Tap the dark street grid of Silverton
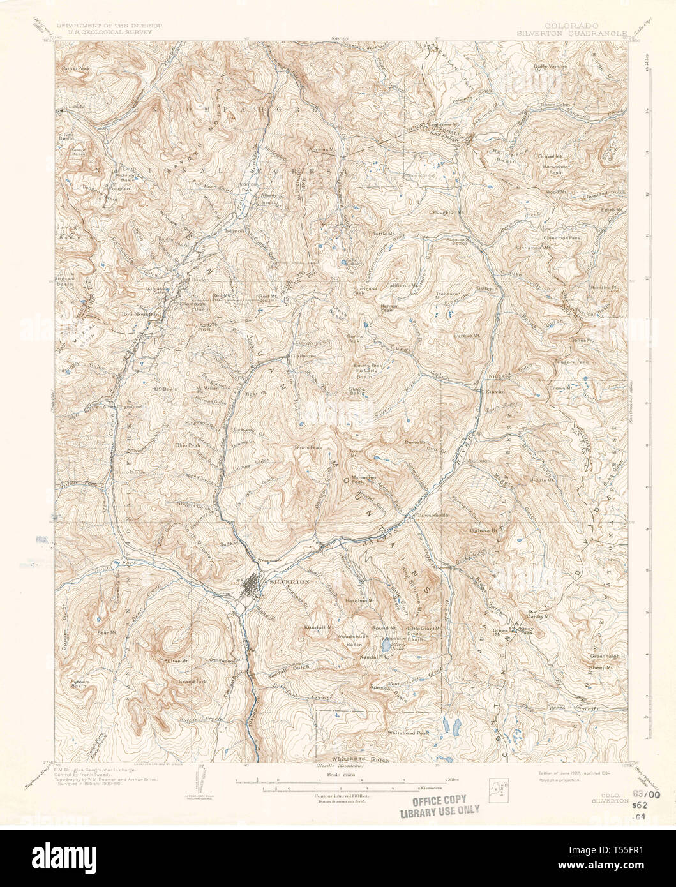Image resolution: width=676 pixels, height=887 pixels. coord(255,585)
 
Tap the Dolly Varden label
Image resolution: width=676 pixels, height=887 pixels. coord(550,65)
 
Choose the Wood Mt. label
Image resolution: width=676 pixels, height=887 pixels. coord(558,191)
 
